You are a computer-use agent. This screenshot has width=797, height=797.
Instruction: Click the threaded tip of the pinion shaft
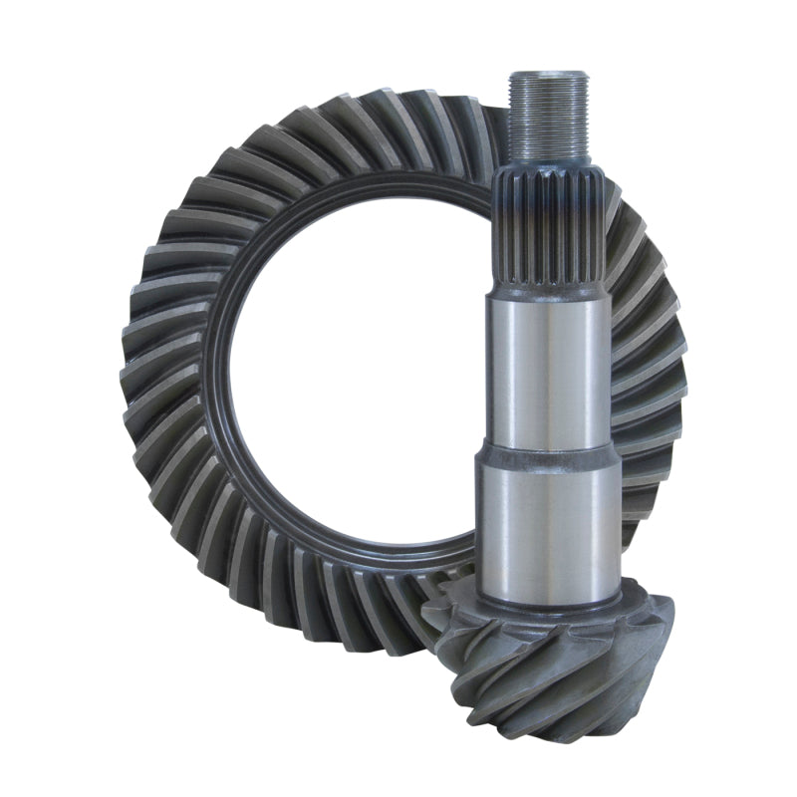point(548,110)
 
